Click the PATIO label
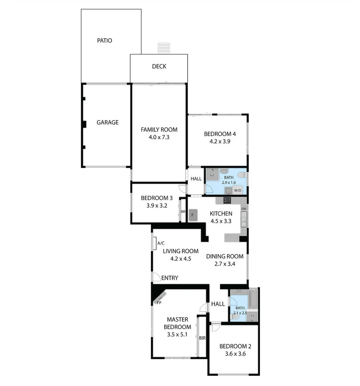click(104, 40)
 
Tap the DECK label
click(159, 66)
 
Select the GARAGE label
click(107, 122)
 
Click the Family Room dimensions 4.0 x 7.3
click(159, 137)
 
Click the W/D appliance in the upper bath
click(237, 190)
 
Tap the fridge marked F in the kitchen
click(193, 215)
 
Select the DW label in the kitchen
click(244, 209)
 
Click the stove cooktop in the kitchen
click(227, 200)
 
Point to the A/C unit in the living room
click(161, 243)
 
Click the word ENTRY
click(169, 278)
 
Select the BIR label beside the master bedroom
click(202, 338)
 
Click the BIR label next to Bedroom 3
click(183, 211)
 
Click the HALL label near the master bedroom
click(218, 304)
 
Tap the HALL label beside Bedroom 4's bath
click(196, 179)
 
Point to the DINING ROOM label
click(225, 256)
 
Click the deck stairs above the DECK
click(164, 48)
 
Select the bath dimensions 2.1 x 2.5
click(240, 313)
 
